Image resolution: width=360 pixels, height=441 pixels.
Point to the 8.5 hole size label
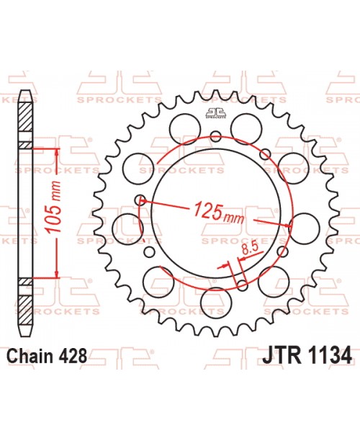click(251, 250)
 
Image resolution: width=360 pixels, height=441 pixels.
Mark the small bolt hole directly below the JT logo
click(217, 134)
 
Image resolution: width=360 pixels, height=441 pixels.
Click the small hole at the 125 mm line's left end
click(141, 200)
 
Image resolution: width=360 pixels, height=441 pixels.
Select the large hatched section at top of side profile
click(25, 119)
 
